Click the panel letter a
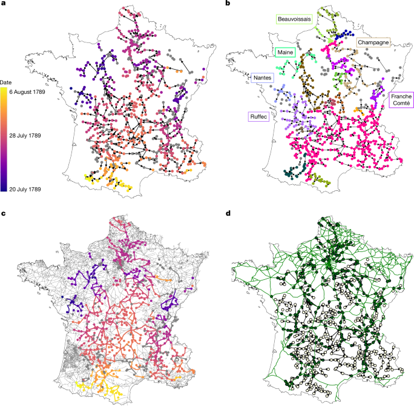click(3, 4)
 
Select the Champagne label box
click(372, 42)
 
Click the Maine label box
click(285, 53)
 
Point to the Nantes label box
click(262, 78)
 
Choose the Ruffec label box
click(259, 115)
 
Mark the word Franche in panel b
click(400, 96)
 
